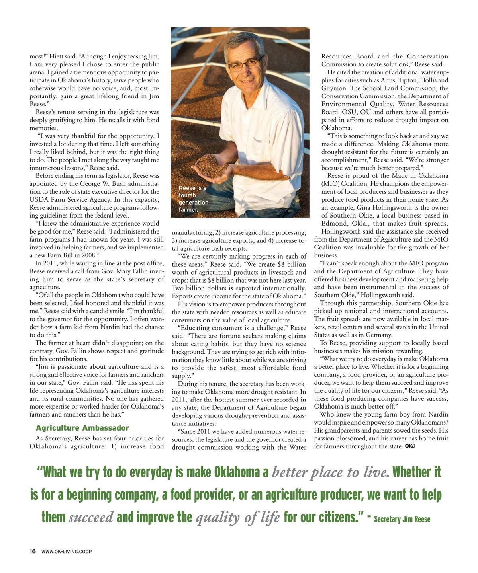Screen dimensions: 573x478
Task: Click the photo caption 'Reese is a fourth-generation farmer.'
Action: tap(193, 199)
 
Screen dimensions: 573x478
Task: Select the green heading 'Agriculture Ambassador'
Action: tap(82, 428)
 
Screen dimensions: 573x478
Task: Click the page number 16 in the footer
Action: tap(33, 551)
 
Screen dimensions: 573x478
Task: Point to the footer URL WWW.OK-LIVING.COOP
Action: tap(67, 552)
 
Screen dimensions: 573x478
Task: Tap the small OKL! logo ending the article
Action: tap(410, 446)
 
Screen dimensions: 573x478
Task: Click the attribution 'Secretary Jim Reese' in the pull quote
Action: tap(402, 519)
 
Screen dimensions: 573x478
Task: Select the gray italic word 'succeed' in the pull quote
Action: tap(91, 517)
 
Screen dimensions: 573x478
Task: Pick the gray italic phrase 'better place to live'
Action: tap(330, 472)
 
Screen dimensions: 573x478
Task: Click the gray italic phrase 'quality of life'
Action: tap(238, 517)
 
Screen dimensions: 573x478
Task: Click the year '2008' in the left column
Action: tap(88, 255)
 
